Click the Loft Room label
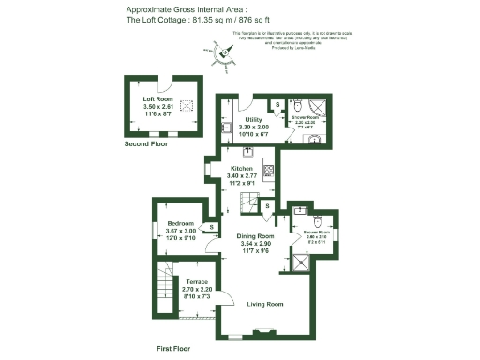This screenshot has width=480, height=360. pos(157,98)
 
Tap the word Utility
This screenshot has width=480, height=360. pos(253,120)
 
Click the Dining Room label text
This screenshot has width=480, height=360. pos(255,236)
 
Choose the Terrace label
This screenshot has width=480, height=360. pos(196,282)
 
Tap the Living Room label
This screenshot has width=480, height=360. pos(265,304)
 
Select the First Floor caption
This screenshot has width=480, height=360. pos(172,348)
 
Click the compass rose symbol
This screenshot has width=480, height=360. pos(224,58)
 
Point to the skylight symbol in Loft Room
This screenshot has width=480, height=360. pos(186,106)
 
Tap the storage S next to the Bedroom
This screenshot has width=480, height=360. pos(213,226)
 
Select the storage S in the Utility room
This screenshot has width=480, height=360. pos(277,103)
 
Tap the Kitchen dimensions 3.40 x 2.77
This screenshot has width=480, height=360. pos(242,177)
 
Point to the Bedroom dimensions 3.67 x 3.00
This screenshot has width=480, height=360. pos(181,232)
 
